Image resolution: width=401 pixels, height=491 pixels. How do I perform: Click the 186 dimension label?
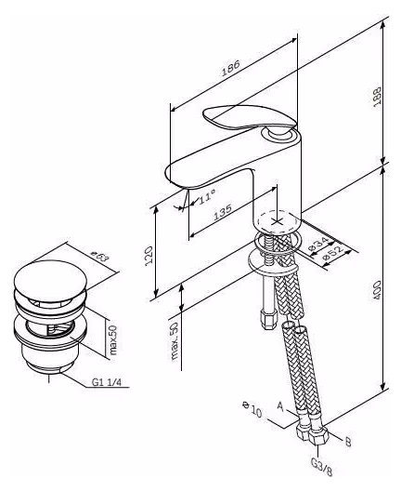pyautogui.click(x=230, y=68)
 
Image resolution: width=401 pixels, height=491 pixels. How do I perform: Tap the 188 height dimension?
pyautogui.click(x=377, y=97)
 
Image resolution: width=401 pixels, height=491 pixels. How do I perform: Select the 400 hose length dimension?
pyautogui.click(x=377, y=290)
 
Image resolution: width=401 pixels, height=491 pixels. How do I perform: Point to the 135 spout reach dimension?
pyautogui.click(x=223, y=212)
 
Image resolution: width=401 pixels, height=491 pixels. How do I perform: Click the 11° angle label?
pyautogui.click(x=207, y=197)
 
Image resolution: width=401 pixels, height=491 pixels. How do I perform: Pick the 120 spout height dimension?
pyautogui.click(x=149, y=254)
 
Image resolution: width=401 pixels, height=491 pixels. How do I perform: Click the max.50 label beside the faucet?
pyautogui.click(x=175, y=340)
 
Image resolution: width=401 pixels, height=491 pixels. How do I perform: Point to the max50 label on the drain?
pyautogui.click(x=112, y=340)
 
